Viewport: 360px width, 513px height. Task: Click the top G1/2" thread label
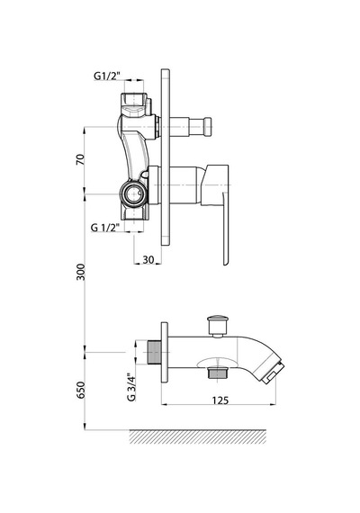tap(107, 76)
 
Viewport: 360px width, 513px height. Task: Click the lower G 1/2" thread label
tap(103, 228)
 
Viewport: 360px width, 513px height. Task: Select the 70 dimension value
tap(80, 159)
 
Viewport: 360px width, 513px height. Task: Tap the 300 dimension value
tap(80, 272)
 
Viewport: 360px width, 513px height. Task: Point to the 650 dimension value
tap(80, 390)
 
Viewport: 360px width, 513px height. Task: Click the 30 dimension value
tap(148, 259)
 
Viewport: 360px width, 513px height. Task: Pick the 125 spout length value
tap(220, 400)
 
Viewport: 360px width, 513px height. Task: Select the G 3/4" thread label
tap(131, 387)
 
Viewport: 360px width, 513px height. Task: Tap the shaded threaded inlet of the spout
tap(153, 353)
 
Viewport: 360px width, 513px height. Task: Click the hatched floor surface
tap(198, 436)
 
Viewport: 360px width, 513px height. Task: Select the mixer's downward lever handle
tap(226, 229)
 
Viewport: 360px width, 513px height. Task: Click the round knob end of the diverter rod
tap(207, 127)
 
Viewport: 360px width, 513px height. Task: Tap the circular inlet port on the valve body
tap(132, 194)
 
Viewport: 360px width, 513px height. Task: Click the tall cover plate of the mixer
tap(166, 157)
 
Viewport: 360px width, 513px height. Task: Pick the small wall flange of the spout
tap(165, 353)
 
